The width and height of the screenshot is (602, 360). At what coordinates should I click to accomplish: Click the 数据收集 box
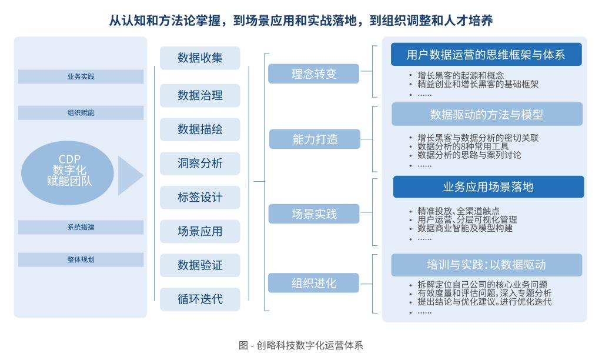(x=200, y=58)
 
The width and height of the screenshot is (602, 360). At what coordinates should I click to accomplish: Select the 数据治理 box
(x=200, y=95)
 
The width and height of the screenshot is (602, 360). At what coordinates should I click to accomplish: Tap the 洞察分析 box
(x=200, y=164)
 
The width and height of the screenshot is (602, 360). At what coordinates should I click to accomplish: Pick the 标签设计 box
(x=200, y=198)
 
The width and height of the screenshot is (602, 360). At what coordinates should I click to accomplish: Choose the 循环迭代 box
(x=200, y=299)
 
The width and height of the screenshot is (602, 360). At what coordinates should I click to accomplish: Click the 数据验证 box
(x=200, y=265)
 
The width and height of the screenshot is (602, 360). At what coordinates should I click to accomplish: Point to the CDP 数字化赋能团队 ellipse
(x=68, y=170)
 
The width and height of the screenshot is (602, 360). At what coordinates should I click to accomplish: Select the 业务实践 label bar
(x=81, y=76)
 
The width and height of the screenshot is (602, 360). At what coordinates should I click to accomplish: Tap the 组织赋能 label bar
(x=81, y=113)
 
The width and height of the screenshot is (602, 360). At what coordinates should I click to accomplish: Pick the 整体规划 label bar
(x=81, y=259)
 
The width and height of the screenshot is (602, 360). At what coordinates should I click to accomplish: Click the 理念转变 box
(x=314, y=74)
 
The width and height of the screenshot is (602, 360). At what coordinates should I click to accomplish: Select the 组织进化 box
(x=314, y=283)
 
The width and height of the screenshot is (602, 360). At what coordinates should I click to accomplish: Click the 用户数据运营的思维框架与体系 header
(x=486, y=55)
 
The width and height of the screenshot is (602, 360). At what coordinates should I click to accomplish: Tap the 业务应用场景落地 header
(x=488, y=187)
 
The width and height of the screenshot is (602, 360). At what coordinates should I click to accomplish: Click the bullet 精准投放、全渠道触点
(x=458, y=211)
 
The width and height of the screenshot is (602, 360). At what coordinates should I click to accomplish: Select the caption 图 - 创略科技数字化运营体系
(x=301, y=345)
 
